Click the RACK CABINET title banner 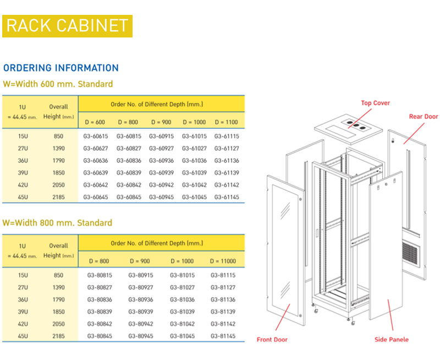pos(67,26)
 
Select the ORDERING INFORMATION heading pos(61,68)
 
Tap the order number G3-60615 pos(95,136)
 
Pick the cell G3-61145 pos(227,197)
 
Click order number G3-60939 pos(161,173)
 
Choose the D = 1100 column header pos(226,122)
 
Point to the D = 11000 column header pos(223,261)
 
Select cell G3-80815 pos(100,275)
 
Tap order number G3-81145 pos(223,336)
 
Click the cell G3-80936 pos(141,299)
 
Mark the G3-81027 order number pos(183,287)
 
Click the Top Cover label pos(376,103)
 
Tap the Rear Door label pos(424,117)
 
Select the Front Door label pos(272,340)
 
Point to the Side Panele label pos(392,340)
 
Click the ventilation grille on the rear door pos(411,255)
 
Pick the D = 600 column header pos(95,122)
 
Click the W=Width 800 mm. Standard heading pos(57,223)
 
